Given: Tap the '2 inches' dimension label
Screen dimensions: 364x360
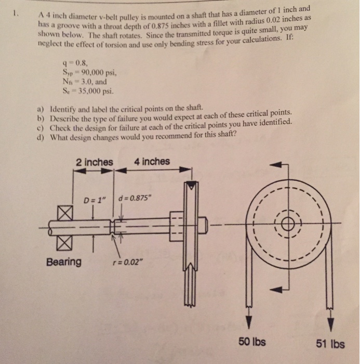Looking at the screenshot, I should pos(94,162).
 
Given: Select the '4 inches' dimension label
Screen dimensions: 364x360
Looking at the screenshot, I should pos(152,161).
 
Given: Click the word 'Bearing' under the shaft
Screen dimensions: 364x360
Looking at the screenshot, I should pos(64,262).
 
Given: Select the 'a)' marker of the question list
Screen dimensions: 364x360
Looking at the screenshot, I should pos(41,108).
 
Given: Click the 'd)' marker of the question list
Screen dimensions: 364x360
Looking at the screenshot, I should pos(41,137).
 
